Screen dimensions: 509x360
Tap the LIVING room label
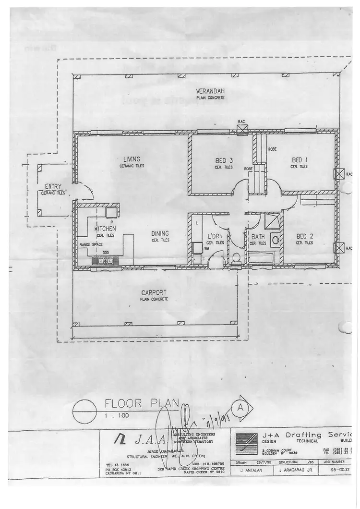pyautogui.click(x=132, y=159)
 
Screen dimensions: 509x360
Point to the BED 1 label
pyautogui.click(x=300, y=160)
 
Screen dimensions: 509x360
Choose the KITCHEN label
pyautogui.click(x=105, y=229)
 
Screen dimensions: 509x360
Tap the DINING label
pyautogui.click(x=160, y=234)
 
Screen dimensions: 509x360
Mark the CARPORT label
pyautogui.click(x=154, y=292)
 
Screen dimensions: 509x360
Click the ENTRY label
pyautogui.click(x=53, y=186)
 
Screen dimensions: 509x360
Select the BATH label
pyautogui.click(x=258, y=237)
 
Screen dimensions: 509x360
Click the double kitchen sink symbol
pyautogui.click(x=104, y=261)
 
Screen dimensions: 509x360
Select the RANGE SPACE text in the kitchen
pyautogui.click(x=91, y=245)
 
